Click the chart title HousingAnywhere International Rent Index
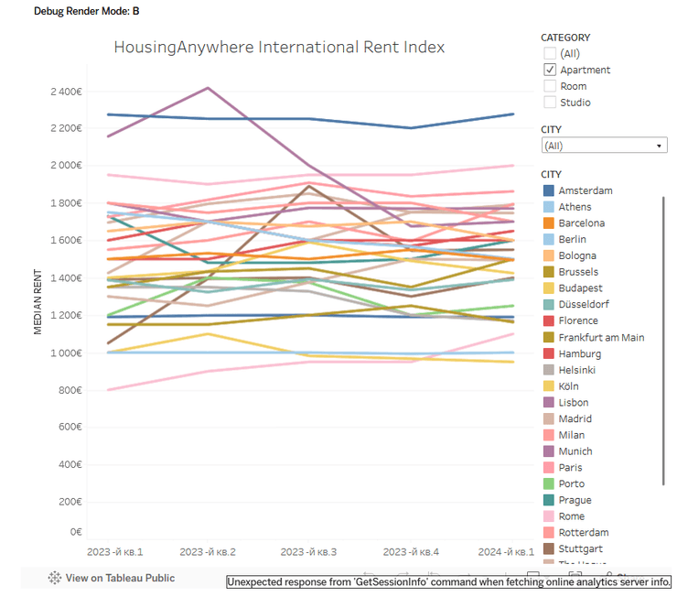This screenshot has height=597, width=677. point(279,47)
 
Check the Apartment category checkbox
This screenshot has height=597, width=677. point(550,70)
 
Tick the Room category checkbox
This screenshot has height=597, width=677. point(550,86)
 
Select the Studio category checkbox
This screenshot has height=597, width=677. point(550,103)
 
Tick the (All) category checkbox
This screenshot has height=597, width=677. point(550,54)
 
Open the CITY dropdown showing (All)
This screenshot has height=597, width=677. point(604,146)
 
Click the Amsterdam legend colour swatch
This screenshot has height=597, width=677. point(549,190)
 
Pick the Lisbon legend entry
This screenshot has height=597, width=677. point(573,402)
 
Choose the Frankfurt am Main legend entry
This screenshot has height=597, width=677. point(600,337)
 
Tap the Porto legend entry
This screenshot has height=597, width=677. point(572,483)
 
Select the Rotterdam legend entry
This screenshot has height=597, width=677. point(583,532)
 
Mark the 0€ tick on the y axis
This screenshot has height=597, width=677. point(76,531)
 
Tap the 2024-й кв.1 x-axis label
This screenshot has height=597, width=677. point(507,552)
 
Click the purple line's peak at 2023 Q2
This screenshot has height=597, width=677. point(209,88)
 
